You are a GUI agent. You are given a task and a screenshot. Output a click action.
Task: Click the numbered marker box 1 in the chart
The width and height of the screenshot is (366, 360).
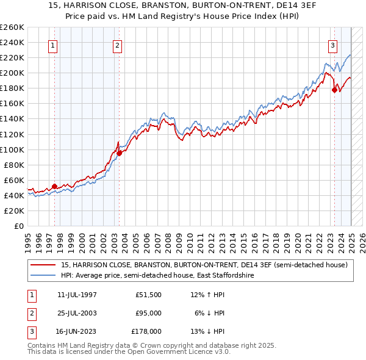point(53,45)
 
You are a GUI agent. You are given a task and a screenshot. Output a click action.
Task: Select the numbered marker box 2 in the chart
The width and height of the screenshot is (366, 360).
point(117,45)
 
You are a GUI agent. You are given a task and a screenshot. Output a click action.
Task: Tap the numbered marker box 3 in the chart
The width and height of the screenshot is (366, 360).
point(332,45)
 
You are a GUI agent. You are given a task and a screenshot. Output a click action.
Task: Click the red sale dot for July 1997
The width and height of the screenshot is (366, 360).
point(54,186)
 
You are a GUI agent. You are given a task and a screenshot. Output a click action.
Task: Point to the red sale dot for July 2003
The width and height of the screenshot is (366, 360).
point(120,153)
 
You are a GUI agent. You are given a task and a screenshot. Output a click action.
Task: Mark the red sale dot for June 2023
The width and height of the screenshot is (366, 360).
point(334,90)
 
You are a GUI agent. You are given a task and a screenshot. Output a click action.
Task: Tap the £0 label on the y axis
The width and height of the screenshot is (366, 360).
point(19,226)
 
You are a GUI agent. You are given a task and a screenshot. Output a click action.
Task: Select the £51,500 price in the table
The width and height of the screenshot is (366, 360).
point(148,295)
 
